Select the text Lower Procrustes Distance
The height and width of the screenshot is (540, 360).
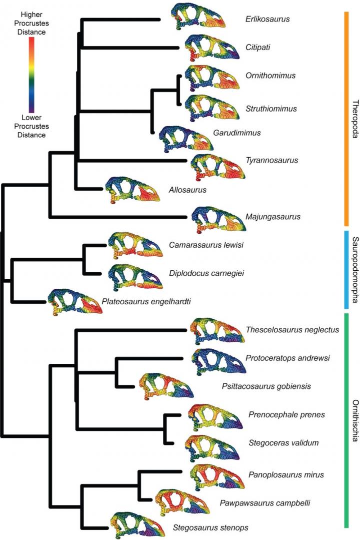(x=31, y=128)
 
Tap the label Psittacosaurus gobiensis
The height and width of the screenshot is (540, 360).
(x=266, y=386)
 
